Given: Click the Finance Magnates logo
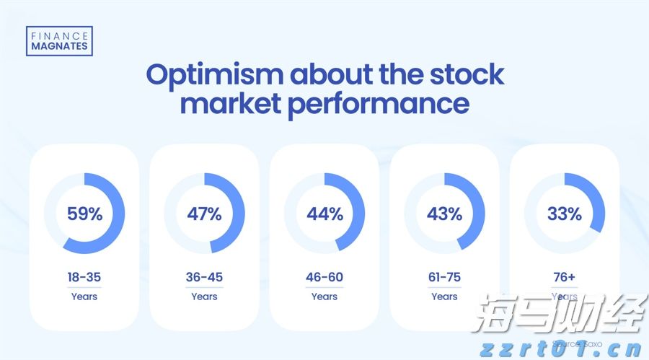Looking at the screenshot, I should [x=58, y=41].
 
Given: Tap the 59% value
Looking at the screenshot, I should [x=84, y=214].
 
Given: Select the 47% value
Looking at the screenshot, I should [x=204, y=214].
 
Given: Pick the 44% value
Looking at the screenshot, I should [x=324, y=214].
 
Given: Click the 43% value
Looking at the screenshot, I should [x=444, y=214].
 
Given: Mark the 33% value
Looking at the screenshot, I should [x=564, y=214].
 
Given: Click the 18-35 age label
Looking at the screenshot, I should [x=84, y=277].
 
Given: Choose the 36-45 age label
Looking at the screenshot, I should [x=204, y=277].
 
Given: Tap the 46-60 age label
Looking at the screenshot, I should [x=324, y=277].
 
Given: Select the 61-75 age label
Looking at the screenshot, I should [x=444, y=277].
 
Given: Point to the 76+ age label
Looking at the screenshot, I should [x=564, y=277].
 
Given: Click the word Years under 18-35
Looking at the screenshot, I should [x=84, y=297].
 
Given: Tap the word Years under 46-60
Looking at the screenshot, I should [x=324, y=297].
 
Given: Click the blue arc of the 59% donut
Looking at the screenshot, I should [x=118, y=224].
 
